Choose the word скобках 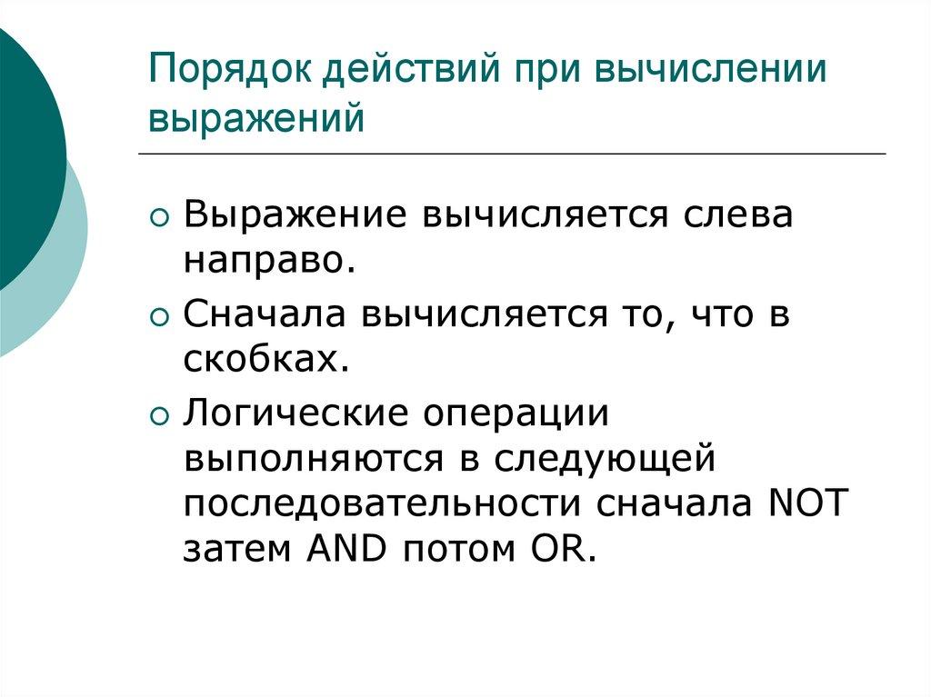pos(266,361)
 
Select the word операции pos(530,413)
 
